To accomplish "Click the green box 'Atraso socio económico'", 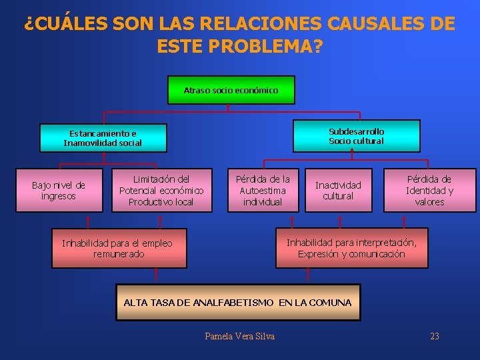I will click(231, 90).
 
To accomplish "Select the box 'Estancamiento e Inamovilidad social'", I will click(103, 138).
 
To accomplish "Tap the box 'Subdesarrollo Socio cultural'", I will click(357, 136).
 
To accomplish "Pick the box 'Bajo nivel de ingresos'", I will click(59, 191).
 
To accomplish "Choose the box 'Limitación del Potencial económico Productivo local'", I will click(161, 191).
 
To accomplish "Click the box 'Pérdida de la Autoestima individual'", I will click(263, 191).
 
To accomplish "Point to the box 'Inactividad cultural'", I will click(338, 191).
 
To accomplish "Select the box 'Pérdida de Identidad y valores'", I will click(429, 191).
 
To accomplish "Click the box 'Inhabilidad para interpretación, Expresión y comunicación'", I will click(351, 249).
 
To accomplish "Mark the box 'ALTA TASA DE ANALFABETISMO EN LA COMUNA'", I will click(237, 303).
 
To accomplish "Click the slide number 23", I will click(435, 336).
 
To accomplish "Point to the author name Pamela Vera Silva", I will click(239, 336).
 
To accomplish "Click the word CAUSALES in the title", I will click(377, 25).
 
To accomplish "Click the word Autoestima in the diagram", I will click(263, 191).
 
